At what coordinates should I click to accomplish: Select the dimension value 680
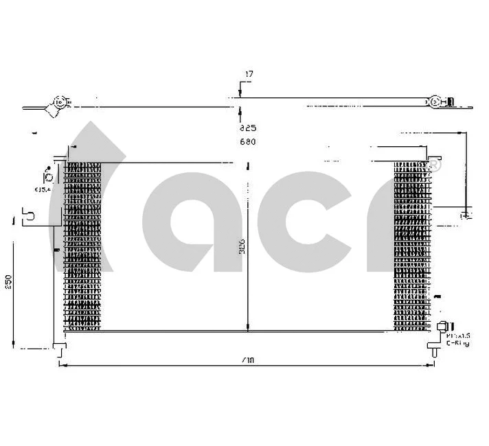(x=247, y=142)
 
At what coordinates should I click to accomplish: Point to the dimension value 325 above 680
(x=247, y=128)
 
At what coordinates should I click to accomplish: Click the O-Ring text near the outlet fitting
(x=457, y=342)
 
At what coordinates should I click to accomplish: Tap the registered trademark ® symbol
(x=434, y=165)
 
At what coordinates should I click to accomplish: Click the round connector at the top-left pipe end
(x=60, y=104)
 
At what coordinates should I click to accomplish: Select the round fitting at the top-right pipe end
(x=435, y=102)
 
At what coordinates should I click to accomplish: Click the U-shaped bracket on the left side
(x=30, y=216)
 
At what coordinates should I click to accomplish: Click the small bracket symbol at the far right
(x=466, y=215)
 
